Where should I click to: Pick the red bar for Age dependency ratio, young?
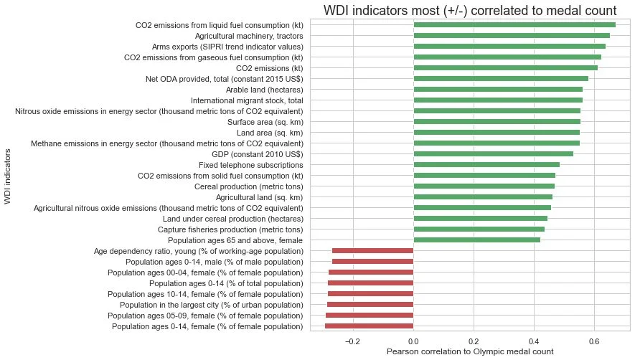click(373, 251)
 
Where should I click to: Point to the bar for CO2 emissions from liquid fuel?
click(514, 25)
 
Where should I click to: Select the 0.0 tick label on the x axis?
click(413, 341)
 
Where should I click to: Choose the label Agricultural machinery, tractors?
click(249, 36)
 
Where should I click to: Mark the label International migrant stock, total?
click(247, 100)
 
